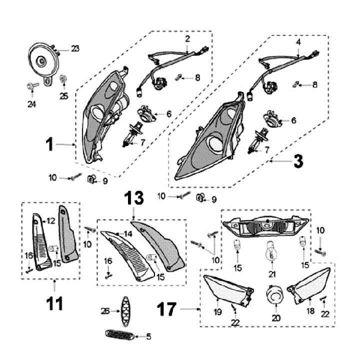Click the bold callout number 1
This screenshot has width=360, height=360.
point(49,144)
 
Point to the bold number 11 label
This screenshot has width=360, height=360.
point(54,303)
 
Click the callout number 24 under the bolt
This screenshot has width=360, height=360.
point(32,104)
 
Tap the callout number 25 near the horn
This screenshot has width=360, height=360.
point(63,96)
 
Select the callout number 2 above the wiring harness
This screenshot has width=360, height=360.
point(187,38)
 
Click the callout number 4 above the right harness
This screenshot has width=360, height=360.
point(298,42)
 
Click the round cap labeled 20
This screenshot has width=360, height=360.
point(274,294)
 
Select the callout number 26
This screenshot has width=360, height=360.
point(105,310)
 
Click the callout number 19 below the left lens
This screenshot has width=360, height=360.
point(218,312)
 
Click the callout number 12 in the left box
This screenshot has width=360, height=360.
point(50,220)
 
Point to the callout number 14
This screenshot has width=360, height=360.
point(127,234)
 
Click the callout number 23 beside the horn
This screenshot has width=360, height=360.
point(75,48)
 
